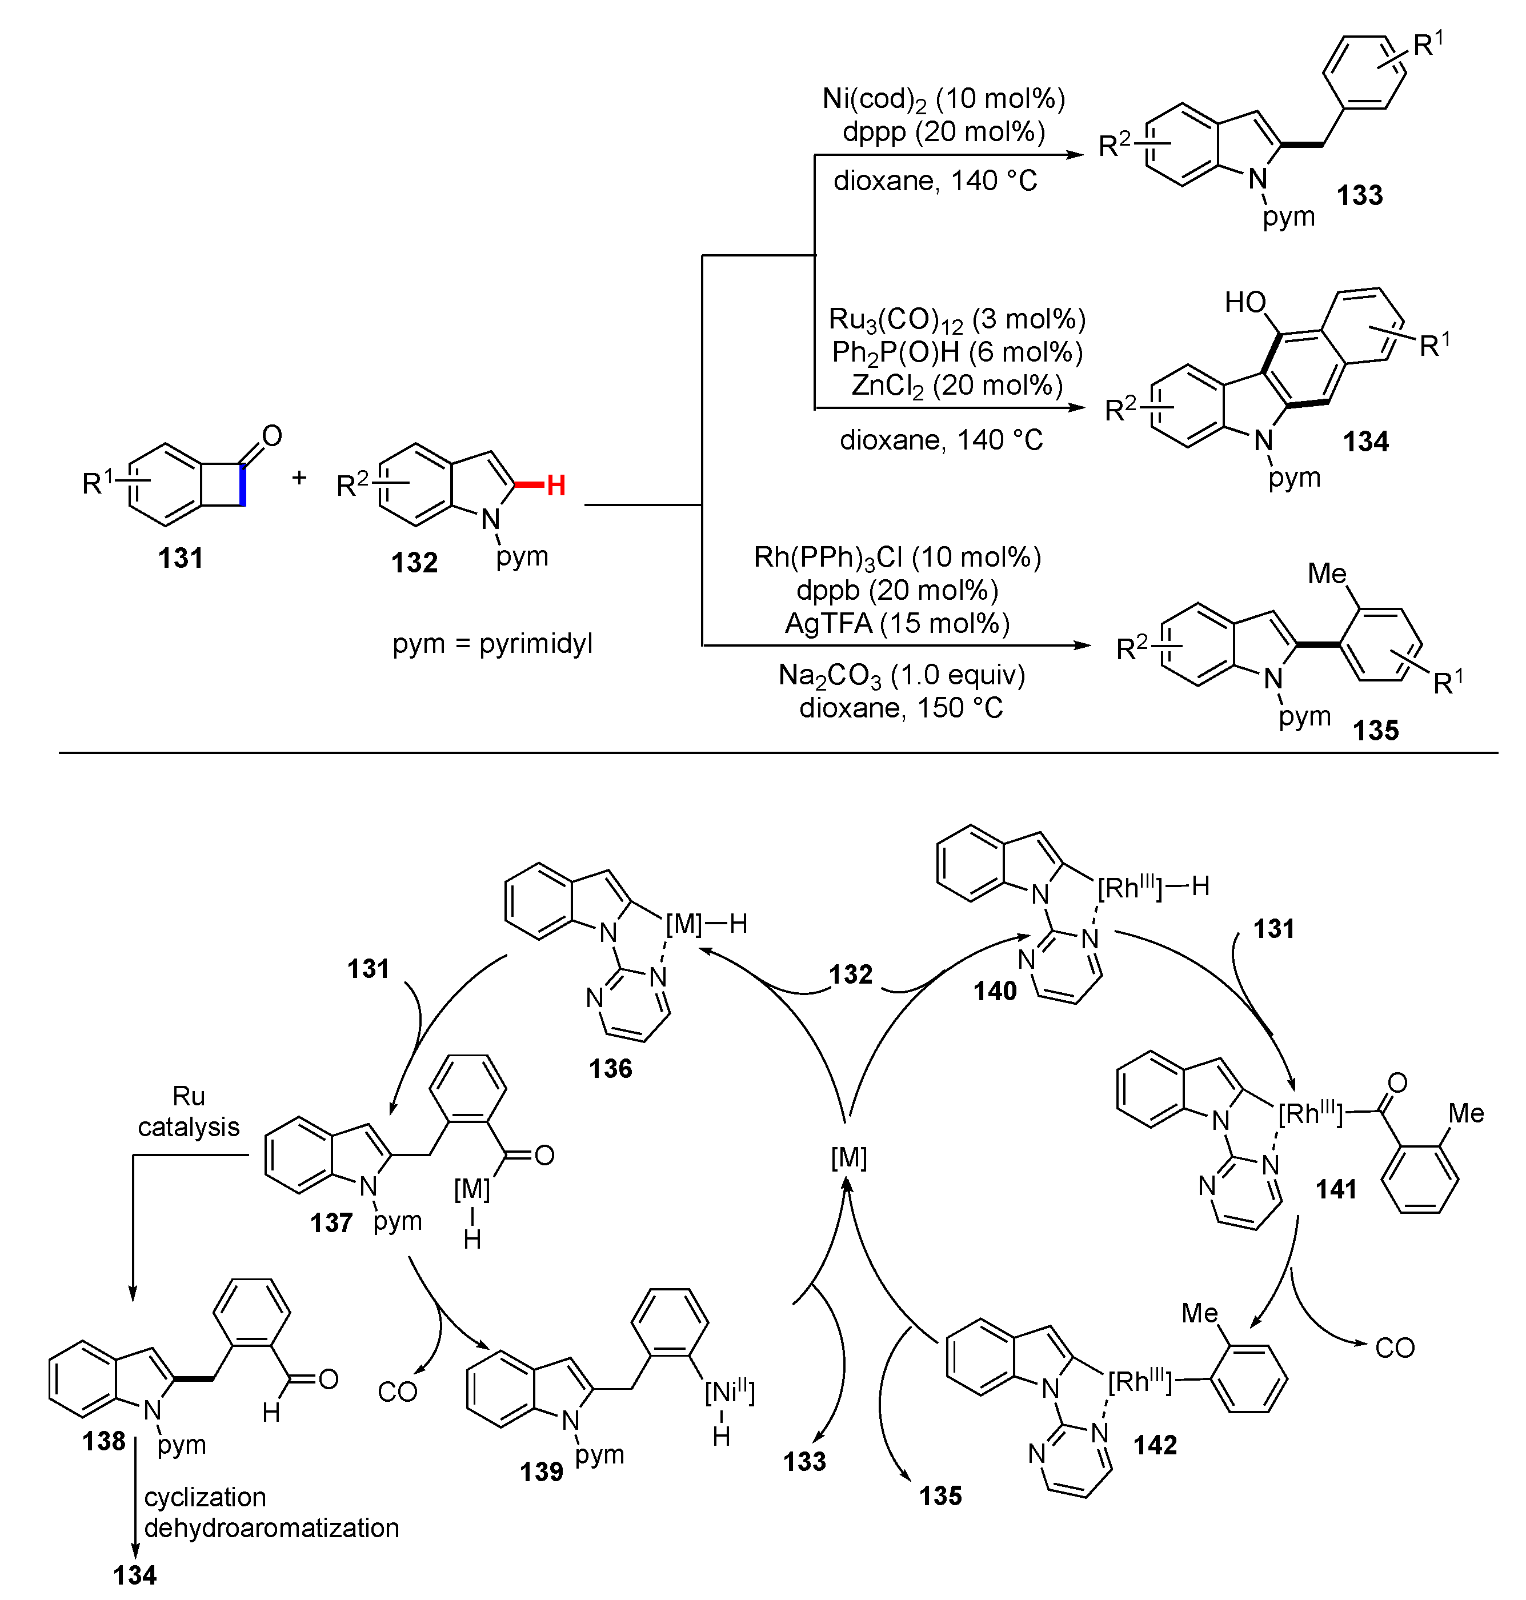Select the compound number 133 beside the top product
coord(1359,195)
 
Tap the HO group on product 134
coord(1245,303)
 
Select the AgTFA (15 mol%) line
coord(897,623)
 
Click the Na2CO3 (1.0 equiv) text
coord(902,675)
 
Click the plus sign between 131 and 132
coord(299,478)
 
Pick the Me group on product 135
coord(1327,574)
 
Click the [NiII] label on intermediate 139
coord(730,1393)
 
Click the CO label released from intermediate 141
coord(1394,1348)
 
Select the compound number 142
coord(1155,1445)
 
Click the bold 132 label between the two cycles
coord(850,975)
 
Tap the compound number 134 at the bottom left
coord(134,1575)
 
